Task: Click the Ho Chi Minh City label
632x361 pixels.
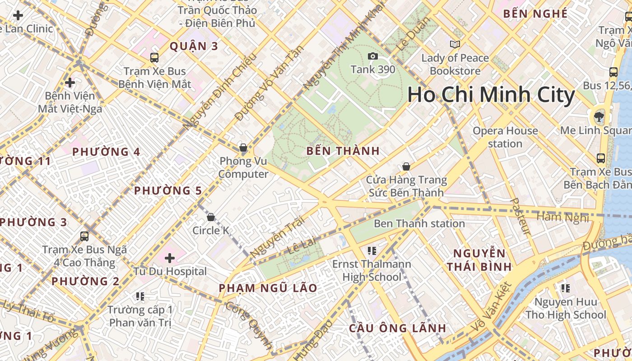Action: click(491, 95)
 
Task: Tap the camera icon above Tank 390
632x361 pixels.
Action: click(373, 56)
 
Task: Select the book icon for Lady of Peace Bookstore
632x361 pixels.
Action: click(455, 44)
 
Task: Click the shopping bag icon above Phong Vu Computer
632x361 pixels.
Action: click(243, 148)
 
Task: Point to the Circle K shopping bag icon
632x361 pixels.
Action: click(210, 217)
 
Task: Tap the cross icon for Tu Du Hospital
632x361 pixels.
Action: click(170, 258)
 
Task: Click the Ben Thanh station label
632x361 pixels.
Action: click(419, 223)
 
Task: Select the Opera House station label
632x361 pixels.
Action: click(505, 137)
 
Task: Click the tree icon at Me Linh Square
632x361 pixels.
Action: click(599, 117)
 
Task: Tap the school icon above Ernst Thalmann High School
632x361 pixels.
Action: click(372, 250)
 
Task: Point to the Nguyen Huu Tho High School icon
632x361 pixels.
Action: click(565, 288)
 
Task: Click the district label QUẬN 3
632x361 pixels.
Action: click(194, 46)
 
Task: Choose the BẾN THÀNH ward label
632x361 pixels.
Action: click(343, 151)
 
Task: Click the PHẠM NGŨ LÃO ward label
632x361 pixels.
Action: click(268, 288)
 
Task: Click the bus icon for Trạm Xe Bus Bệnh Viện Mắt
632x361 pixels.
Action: click(154, 58)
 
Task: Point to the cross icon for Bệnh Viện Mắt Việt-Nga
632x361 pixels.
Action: click(70, 83)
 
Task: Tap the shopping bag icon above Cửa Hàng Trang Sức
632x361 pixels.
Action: click(406, 167)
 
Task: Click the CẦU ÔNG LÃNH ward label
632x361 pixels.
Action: click(397, 328)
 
